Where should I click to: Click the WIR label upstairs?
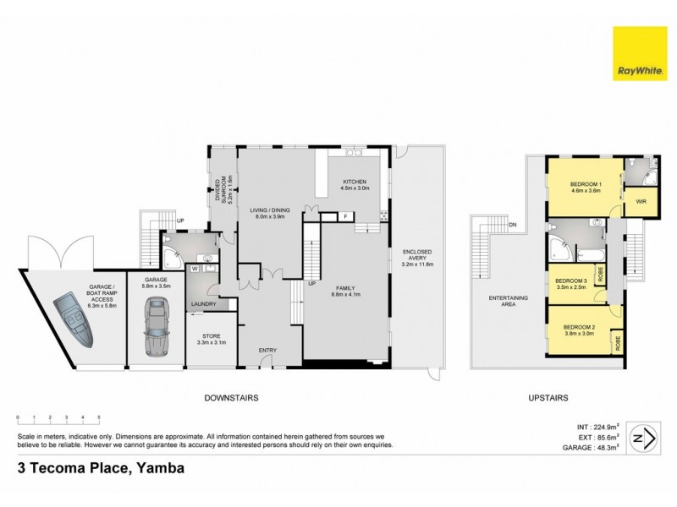click(x=640, y=203)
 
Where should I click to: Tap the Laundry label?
click(x=204, y=303)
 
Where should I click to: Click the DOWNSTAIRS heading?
click(x=231, y=397)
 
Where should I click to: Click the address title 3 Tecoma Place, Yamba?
click(x=95, y=467)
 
